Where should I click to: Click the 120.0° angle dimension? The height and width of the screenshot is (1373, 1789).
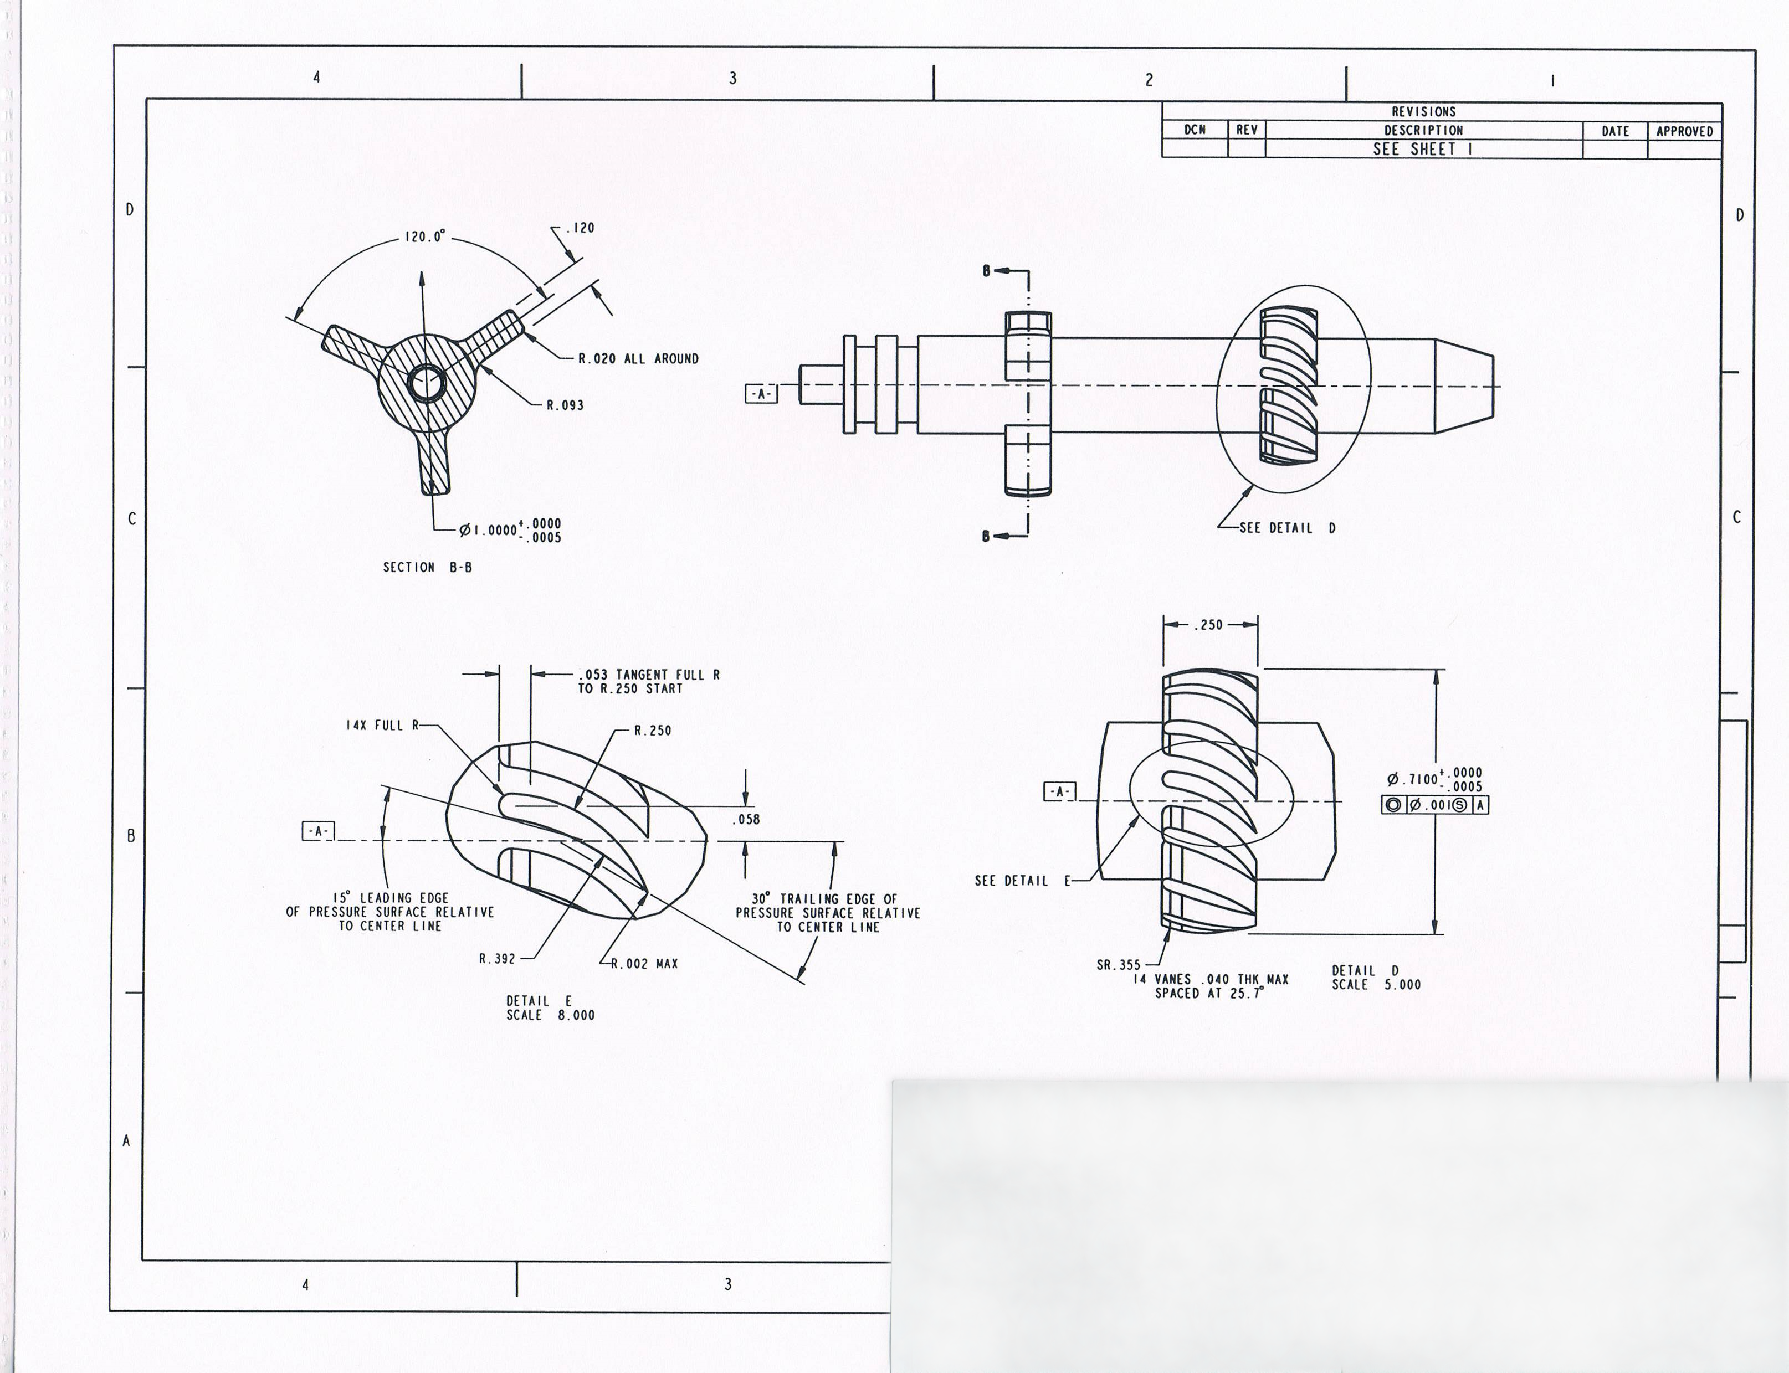[425, 237]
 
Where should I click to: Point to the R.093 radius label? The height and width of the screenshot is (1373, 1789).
[565, 404]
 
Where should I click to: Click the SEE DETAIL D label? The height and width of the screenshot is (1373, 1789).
[1288, 528]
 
